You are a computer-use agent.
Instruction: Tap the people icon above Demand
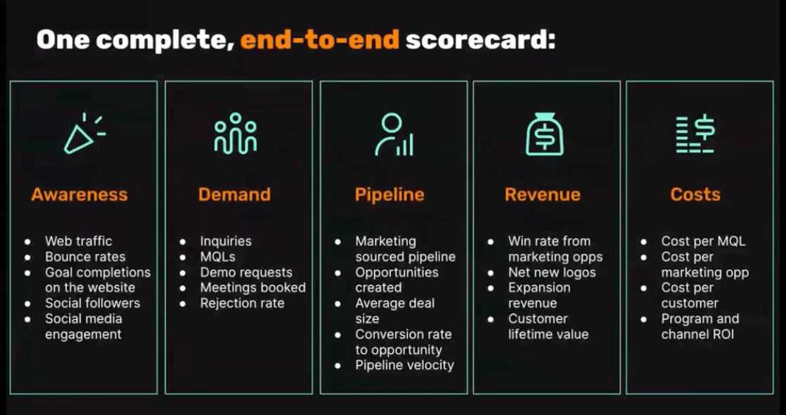click(x=235, y=133)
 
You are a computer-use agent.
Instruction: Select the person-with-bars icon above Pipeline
click(x=394, y=134)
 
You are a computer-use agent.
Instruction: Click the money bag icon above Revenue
click(x=544, y=134)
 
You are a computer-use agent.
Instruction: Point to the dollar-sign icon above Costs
click(x=695, y=134)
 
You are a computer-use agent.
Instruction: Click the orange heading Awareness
click(x=79, y=194)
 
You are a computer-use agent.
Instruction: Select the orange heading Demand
click(x=234, y=194)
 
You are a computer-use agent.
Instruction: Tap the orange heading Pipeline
click(x=389, y=195)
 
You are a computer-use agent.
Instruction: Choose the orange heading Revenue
click(x=542, y=194)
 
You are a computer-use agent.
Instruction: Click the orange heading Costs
click(x=695, y=194)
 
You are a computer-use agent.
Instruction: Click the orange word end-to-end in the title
click(x=320, y=39)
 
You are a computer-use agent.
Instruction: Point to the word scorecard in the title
click(x=480, y=39)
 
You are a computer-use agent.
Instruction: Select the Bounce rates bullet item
click(x=85, y=257)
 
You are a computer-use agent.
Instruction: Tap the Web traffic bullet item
click(x=79, y=241)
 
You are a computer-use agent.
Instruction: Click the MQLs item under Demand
click(x=217, y=257)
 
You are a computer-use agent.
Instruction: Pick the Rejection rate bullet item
click(x=242, y=304)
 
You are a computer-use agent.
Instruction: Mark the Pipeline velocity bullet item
click(x=404, y=365)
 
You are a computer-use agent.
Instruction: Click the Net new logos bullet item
click(x=552, y=272)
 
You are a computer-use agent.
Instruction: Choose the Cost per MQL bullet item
click(x=703, y=241)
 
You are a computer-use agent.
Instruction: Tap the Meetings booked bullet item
click(x=252, y=288)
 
